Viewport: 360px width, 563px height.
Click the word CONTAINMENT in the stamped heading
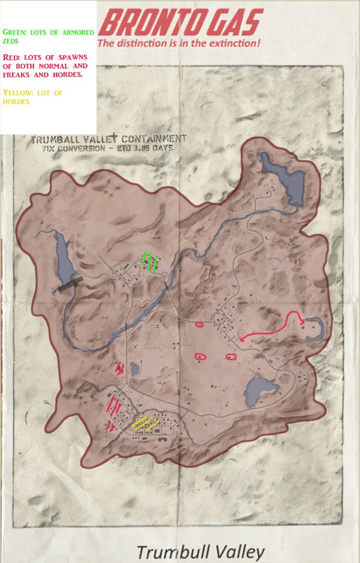[153, 139]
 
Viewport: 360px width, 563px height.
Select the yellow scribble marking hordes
[145, 423]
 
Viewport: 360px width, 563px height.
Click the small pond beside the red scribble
[134, 369]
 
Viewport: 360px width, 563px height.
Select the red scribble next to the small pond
[120, 368]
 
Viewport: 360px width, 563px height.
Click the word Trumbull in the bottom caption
[169, 552]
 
